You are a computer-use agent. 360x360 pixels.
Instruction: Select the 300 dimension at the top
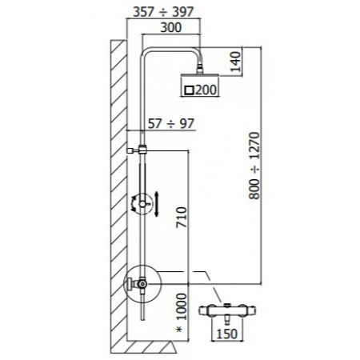pos(170,27)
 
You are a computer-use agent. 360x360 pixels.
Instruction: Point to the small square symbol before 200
pos(189,90)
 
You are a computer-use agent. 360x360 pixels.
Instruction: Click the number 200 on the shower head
pos(205,90)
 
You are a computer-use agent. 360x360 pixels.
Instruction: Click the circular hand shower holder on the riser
pos(142,205)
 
